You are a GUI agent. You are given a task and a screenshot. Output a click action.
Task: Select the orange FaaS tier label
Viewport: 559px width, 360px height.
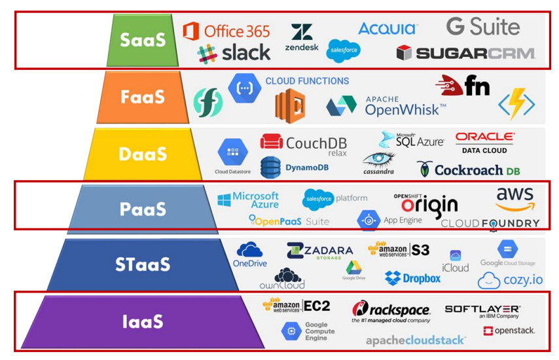click(x=142, y=97)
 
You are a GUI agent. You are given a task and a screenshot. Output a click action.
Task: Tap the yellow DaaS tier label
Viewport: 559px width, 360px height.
click(x=142, y=154)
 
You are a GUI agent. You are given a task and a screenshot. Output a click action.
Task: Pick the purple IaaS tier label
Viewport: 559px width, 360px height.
click(x=142, y=321)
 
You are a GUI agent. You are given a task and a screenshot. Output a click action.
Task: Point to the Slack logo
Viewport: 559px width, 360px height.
click(x=234, y=53)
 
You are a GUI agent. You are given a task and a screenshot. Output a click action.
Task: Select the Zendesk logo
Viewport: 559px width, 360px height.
click(x=301, y=38)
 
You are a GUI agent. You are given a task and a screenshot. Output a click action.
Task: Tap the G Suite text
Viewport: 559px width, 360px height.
click(x=483, y=27)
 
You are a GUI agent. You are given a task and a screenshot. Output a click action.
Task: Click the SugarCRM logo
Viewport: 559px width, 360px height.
click(x=465, y=53)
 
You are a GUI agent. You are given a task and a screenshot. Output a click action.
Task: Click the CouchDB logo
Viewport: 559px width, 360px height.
click(x=304, y=143)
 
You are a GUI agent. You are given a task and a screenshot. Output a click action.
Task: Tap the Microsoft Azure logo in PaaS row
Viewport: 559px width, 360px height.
click(x=248, y=200)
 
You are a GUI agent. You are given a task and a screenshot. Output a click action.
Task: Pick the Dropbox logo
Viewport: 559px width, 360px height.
click(x=412, y=278)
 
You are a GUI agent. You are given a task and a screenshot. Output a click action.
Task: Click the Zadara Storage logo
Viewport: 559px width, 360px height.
click(x=319, y=251)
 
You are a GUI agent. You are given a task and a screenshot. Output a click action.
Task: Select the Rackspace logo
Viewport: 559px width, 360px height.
click(x=391, y=311)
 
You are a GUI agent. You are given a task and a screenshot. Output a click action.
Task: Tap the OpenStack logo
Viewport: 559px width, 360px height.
click(x=509, y=331)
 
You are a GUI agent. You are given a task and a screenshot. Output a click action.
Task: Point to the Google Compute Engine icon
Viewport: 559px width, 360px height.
click(x=291, y=331)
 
